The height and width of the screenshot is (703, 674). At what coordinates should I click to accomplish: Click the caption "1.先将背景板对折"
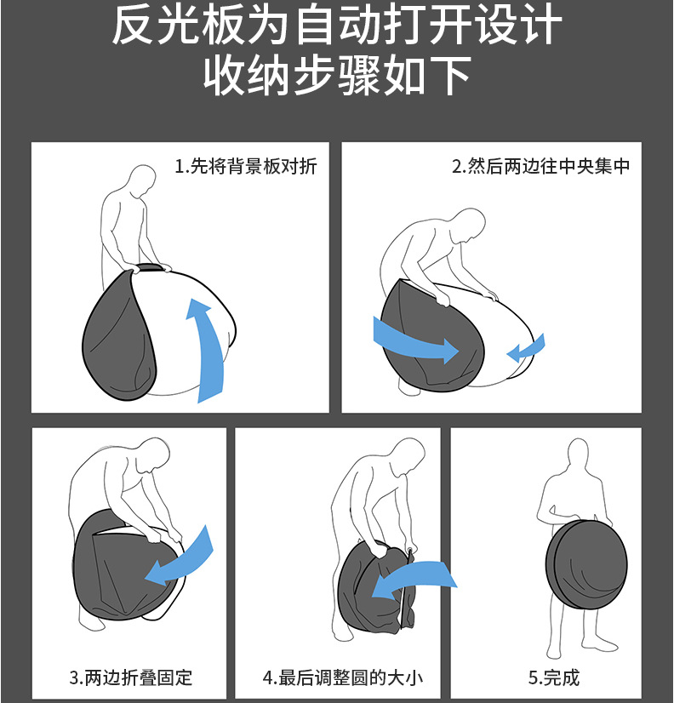[246, 166]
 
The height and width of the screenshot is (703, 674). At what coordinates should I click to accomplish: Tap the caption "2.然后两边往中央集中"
[540, 166]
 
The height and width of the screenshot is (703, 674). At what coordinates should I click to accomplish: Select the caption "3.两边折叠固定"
[131, 677]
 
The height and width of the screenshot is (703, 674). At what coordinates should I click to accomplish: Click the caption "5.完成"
[554, 677]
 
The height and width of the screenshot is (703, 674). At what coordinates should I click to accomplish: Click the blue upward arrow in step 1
[208, 345]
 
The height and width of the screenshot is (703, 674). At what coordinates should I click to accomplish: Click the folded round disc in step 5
[586, 560]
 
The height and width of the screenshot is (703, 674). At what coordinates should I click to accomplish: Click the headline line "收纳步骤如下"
[337, 76]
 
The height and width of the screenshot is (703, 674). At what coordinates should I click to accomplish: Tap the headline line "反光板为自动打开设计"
[337, 26]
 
